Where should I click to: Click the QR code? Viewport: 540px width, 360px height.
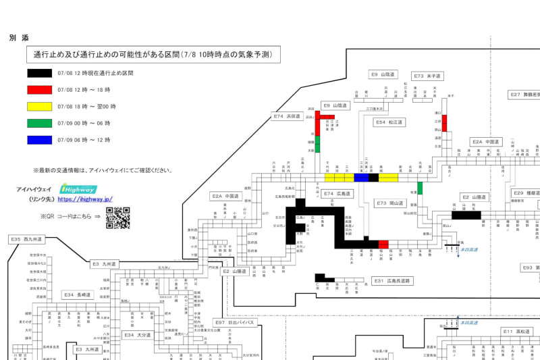(117, 217)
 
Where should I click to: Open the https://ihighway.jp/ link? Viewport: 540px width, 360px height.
(85, 199)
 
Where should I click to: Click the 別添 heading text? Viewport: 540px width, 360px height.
(19, 38)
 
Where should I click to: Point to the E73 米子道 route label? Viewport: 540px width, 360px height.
(427, 76)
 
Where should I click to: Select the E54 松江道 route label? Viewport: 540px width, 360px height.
(389, 122)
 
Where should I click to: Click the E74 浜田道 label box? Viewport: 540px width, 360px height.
(287, 117)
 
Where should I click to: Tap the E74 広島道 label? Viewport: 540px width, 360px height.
(337, 194)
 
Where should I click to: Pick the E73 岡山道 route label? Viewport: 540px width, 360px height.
(390, 203)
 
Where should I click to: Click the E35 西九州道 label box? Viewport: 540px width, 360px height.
(26, 240)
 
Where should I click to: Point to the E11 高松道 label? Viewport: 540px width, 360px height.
(518, 331)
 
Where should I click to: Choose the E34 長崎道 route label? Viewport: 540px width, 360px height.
(78, 295)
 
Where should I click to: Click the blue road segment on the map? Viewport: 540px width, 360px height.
(362, 178)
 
